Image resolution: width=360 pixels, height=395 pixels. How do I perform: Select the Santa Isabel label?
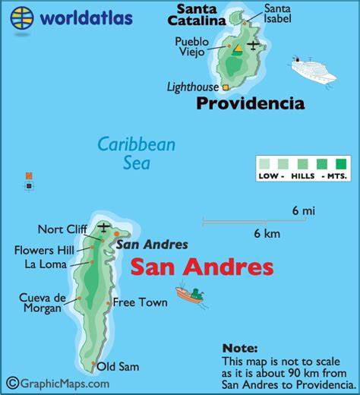coord(276,14)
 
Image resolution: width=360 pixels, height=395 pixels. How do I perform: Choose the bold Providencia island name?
coord(250,104)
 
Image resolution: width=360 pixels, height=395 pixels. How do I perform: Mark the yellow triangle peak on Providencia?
coord(237,50)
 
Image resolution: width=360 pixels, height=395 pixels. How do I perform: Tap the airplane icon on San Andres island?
coord(104,227)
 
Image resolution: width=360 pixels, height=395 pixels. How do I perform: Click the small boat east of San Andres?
coord(191,293)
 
